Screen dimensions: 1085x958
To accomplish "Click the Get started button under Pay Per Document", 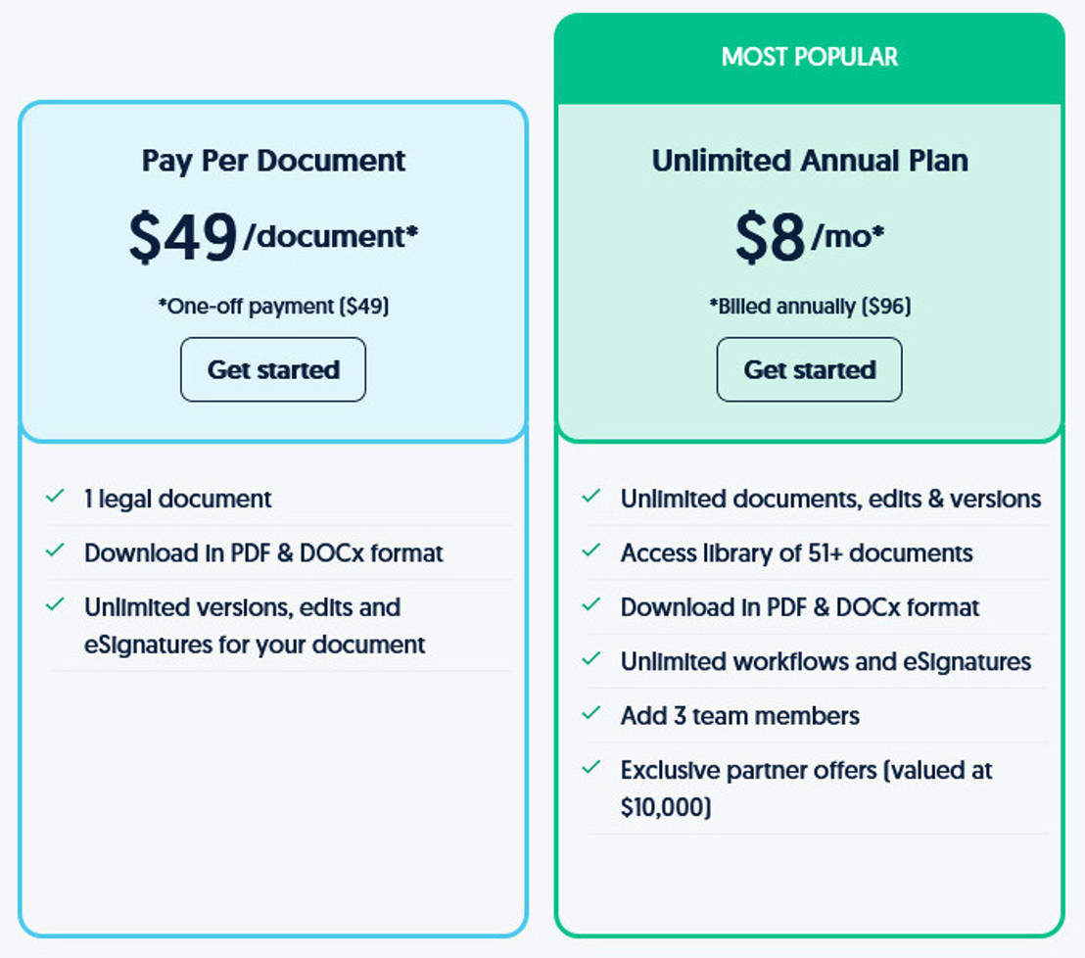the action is pos(273,369).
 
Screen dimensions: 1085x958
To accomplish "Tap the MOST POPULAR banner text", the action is pos(810,57).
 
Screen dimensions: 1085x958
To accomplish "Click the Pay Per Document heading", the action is pos(273,162).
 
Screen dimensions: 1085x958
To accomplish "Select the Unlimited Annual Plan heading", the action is pos(810,161).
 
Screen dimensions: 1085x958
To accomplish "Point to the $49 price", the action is pos(183,237).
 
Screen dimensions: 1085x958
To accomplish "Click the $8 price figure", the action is pos(770,237).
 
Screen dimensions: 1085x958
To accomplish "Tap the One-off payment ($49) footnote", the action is pos(273,306).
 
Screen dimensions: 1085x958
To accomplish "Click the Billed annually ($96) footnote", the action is pos(810,306).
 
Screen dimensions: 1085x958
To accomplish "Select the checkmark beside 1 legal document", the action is pos(55,497).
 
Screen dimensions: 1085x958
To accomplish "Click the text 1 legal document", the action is pos(178,499).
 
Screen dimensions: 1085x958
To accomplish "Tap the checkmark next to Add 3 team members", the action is pos(590,713).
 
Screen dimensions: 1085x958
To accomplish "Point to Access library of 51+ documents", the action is pos(796,553).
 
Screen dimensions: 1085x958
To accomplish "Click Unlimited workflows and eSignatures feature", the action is pos(826,662).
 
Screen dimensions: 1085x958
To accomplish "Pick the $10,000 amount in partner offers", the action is pos(666,807).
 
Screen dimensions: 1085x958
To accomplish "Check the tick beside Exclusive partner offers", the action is pos(590,767).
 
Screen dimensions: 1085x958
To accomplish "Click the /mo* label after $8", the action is pos(848,237).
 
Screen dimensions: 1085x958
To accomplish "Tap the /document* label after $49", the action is pos(331,237).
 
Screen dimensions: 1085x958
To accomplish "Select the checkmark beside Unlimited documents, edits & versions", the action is pos(590,497).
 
